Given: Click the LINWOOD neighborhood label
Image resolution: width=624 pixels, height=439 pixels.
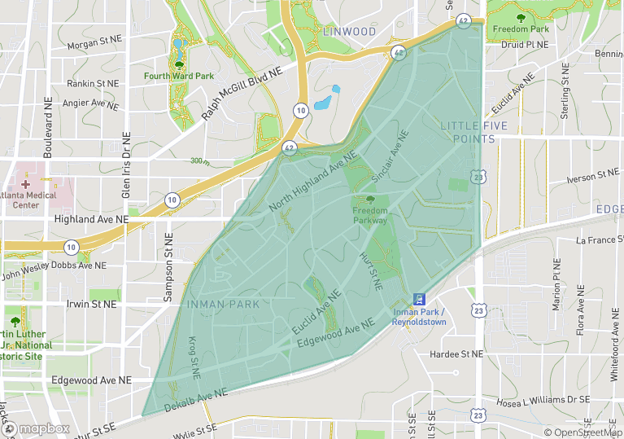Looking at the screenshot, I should click(350, 32).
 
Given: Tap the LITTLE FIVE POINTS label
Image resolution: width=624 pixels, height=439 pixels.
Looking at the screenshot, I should click(473, 132).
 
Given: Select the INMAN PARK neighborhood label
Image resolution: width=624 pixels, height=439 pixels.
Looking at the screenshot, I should click(223, 304).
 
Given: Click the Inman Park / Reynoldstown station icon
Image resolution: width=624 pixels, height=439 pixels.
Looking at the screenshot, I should click(419, 299).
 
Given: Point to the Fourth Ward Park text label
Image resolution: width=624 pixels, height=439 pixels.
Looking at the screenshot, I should click(178, 77).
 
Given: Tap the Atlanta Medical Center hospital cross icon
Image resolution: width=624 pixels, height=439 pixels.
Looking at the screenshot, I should click(25, 185).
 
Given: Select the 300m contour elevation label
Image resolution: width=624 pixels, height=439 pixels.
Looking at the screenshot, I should click(199, 161).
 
